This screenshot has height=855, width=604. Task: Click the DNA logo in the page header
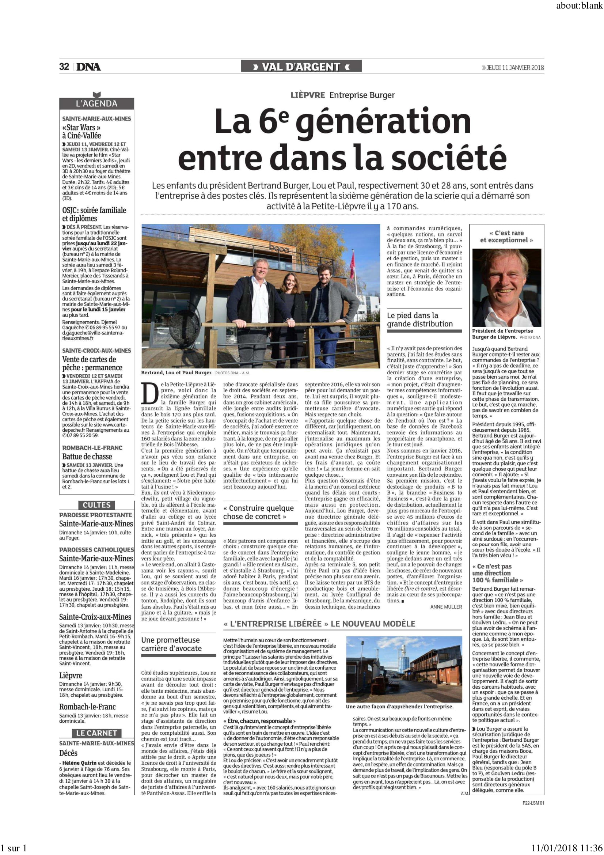pyautogui.click(x=89, y=67)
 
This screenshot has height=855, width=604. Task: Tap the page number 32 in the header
pyautogui.click(x=64, y=66)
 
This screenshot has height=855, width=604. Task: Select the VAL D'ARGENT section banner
pyautogui.click(x=301, y=67)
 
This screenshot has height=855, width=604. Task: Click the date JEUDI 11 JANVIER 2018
pyautogui.click(x=515, y=67)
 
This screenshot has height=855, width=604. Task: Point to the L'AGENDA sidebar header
pyautogui.click(x=96, y=104)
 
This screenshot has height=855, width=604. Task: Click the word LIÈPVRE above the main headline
pyautogui.click(x=307, y=95)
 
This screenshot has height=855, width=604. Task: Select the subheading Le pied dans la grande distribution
pyautogui.click(x=420, y=319)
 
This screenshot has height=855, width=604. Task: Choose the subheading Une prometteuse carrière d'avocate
pyautogui.click(x=171, y=644)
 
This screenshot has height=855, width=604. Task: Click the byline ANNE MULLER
pyautogui.click(x=446, y=607)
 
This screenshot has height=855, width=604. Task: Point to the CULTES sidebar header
pyautogui.click(x=96, y=505)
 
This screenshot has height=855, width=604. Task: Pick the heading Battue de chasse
pyautogui.click(x=87, y=457)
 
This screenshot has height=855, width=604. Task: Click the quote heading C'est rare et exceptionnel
pyautogui.click(x=506, y=237)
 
